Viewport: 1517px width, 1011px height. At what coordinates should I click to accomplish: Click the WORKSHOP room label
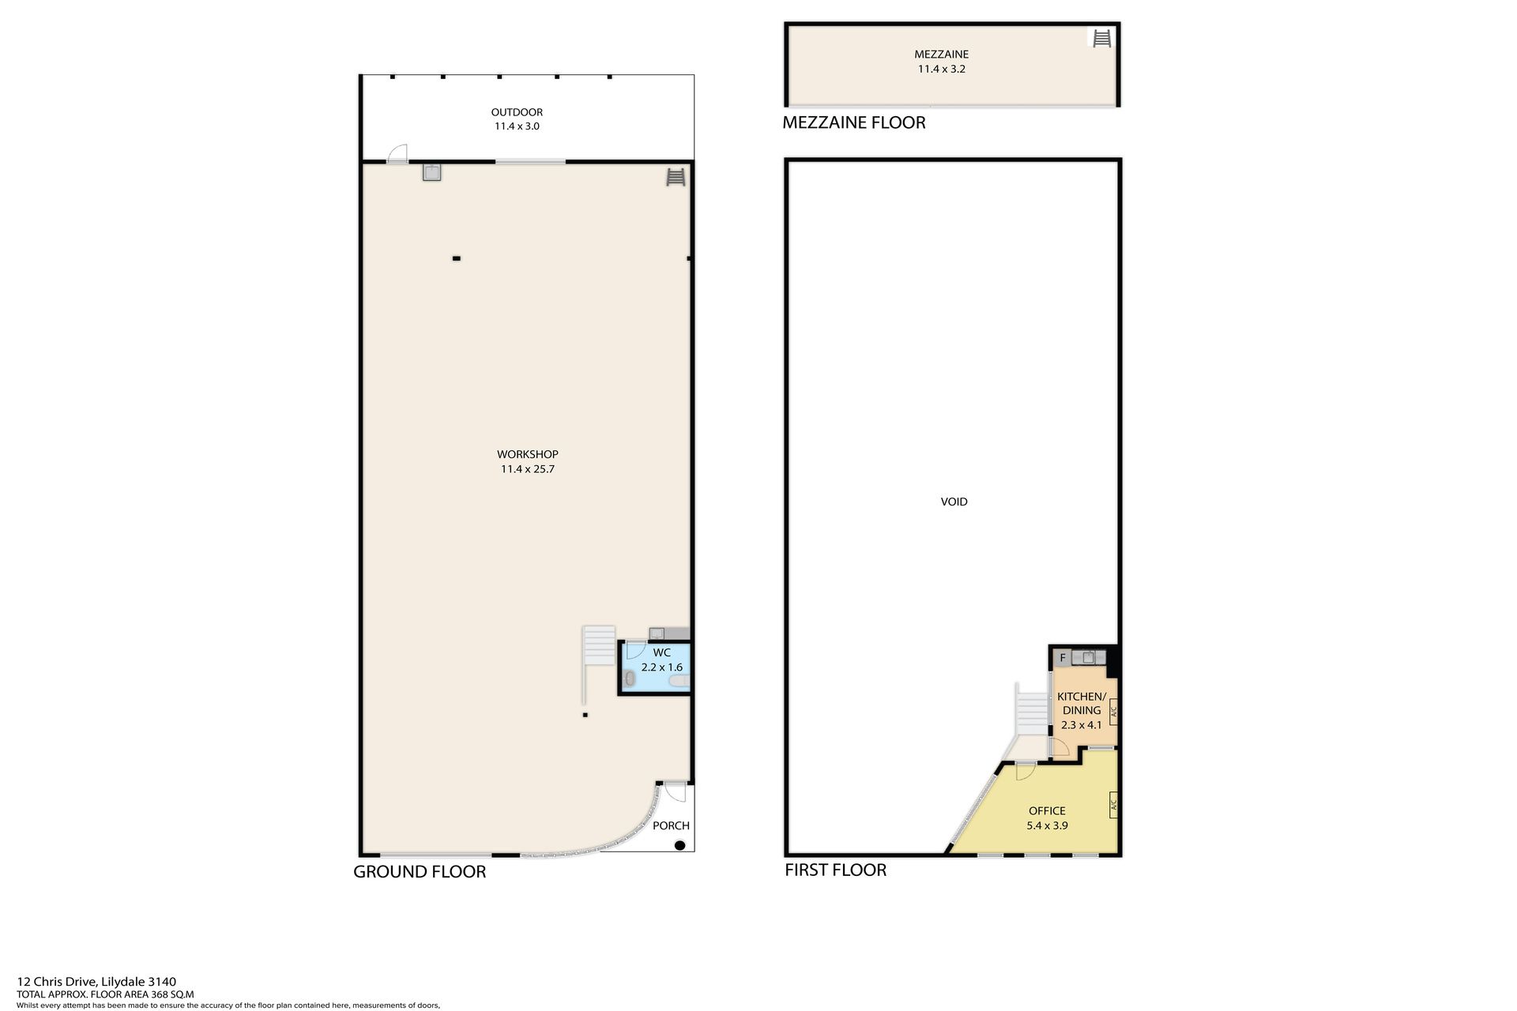(x=527, y=454)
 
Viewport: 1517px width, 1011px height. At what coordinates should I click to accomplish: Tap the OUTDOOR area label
(x=517, y=112)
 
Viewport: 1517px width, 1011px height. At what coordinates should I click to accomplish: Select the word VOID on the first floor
(x=954, y=502)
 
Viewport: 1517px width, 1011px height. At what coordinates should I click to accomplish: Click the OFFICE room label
(x=1047, y=811)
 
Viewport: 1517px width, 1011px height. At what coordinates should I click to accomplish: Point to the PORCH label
(x=671, y=825)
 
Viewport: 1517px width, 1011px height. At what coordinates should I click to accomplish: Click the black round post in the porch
(x=679, y=846)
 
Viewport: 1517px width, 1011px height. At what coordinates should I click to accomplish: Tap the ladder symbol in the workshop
(x=676, y=177)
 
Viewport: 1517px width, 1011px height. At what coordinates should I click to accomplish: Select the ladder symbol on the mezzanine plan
(x=1101, y=37)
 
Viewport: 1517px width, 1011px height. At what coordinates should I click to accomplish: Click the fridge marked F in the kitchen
(x=1063, y=658)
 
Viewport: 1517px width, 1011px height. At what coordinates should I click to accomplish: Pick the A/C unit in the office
(x=1113, y=805)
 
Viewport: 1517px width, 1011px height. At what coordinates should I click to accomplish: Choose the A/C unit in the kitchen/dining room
(x=1113, y=712)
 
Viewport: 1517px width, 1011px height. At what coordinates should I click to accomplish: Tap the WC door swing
(x=635, y=652)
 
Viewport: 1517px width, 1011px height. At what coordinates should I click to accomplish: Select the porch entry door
(x=674, y=791)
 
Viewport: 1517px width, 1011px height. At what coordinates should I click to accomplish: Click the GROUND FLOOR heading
(x=420, y=872)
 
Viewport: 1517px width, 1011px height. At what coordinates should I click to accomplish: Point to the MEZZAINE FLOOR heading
(x=853, y=122)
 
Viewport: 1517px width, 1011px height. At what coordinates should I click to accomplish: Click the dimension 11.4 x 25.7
(x=527, y=469)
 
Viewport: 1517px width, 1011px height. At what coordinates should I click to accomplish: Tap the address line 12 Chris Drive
(x=96, y=983)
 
